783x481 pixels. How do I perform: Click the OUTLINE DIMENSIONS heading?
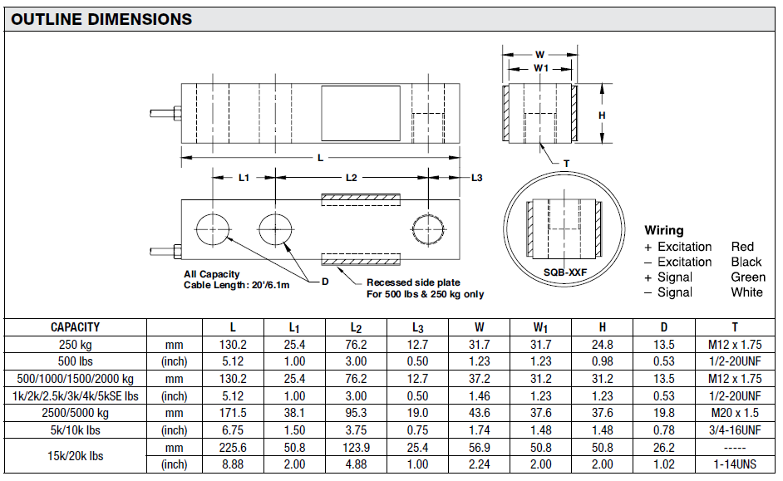pyautogui.click(x=101, y=19)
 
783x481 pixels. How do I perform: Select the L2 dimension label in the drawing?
pyautogui.click(x=351, y=178)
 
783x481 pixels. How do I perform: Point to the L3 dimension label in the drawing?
pyautogui.click(x=476, y=178)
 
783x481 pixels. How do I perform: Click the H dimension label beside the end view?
pyautogui.click(x=603, y=115)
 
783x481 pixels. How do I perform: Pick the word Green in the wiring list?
pyautogui.click(x=748, y=277)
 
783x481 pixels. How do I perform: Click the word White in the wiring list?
pyautogui.click(x=746, y=292)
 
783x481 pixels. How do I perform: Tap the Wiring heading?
pyautogui.click(x=664, y=230)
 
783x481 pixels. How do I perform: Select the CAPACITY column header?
pyautogui.click(x=75, y=327)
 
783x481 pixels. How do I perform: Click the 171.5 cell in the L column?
pyautogui.click(x=232, y=413)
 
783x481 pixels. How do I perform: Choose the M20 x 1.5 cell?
pyautogui.click(x=734, y=413)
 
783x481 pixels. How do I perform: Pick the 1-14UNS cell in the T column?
pyautogui.click(x=734, y=464)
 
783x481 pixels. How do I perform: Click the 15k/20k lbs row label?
pyautogui.click(x=75, y=456)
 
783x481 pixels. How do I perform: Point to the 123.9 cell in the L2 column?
pyautogui.click(x=355, y=448)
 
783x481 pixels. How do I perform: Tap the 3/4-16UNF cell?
pyautogui.click(x=734, y=430)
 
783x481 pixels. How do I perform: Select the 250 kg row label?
pyautogui.click(x=75, y=345)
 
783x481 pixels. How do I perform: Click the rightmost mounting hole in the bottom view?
pyautogui.click(x=429, y=228)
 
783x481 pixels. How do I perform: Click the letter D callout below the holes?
pyautogui.click(x=325, y=282)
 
